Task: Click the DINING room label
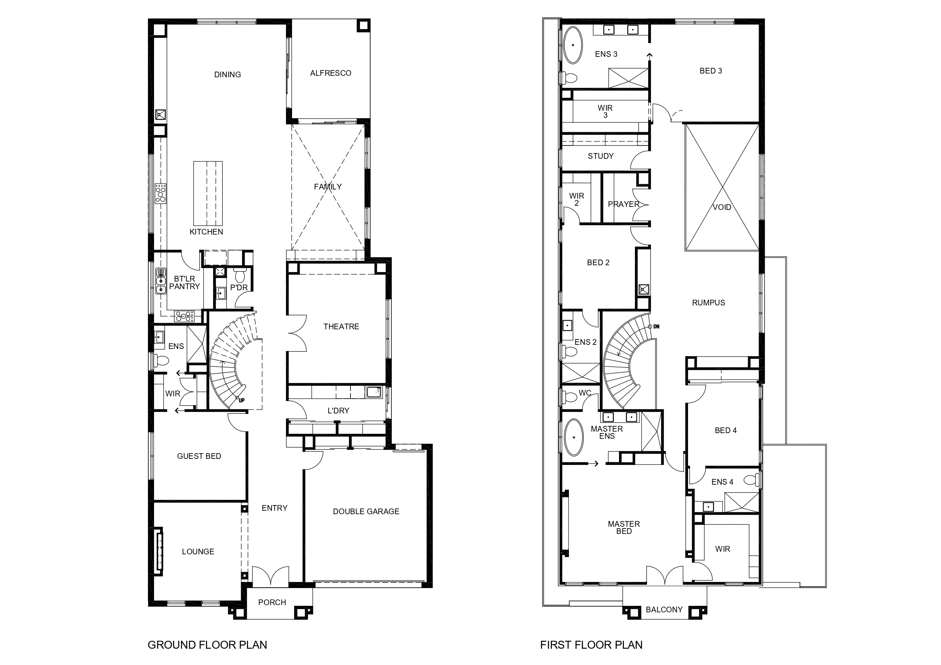click(x=228, y=75)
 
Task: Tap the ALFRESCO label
click(x=330, y=73)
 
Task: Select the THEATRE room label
click(x=341, y=326)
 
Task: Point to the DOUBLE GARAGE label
click(x=366, y=512)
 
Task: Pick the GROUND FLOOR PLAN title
click(x=207, y=645)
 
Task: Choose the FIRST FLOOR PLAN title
click(x=591, y=645)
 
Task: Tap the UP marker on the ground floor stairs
click(x=241, y=400)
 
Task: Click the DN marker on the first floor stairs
click(x=656, y=327)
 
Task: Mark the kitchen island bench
click(x=208, y=193)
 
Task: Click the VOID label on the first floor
click(x=722, y=207)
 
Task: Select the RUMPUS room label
click(x=708, y=303)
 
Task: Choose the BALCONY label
click(x=665, y=610)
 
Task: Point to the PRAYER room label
click(x=624, y=204)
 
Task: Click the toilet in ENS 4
click(x=751, y=479)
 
